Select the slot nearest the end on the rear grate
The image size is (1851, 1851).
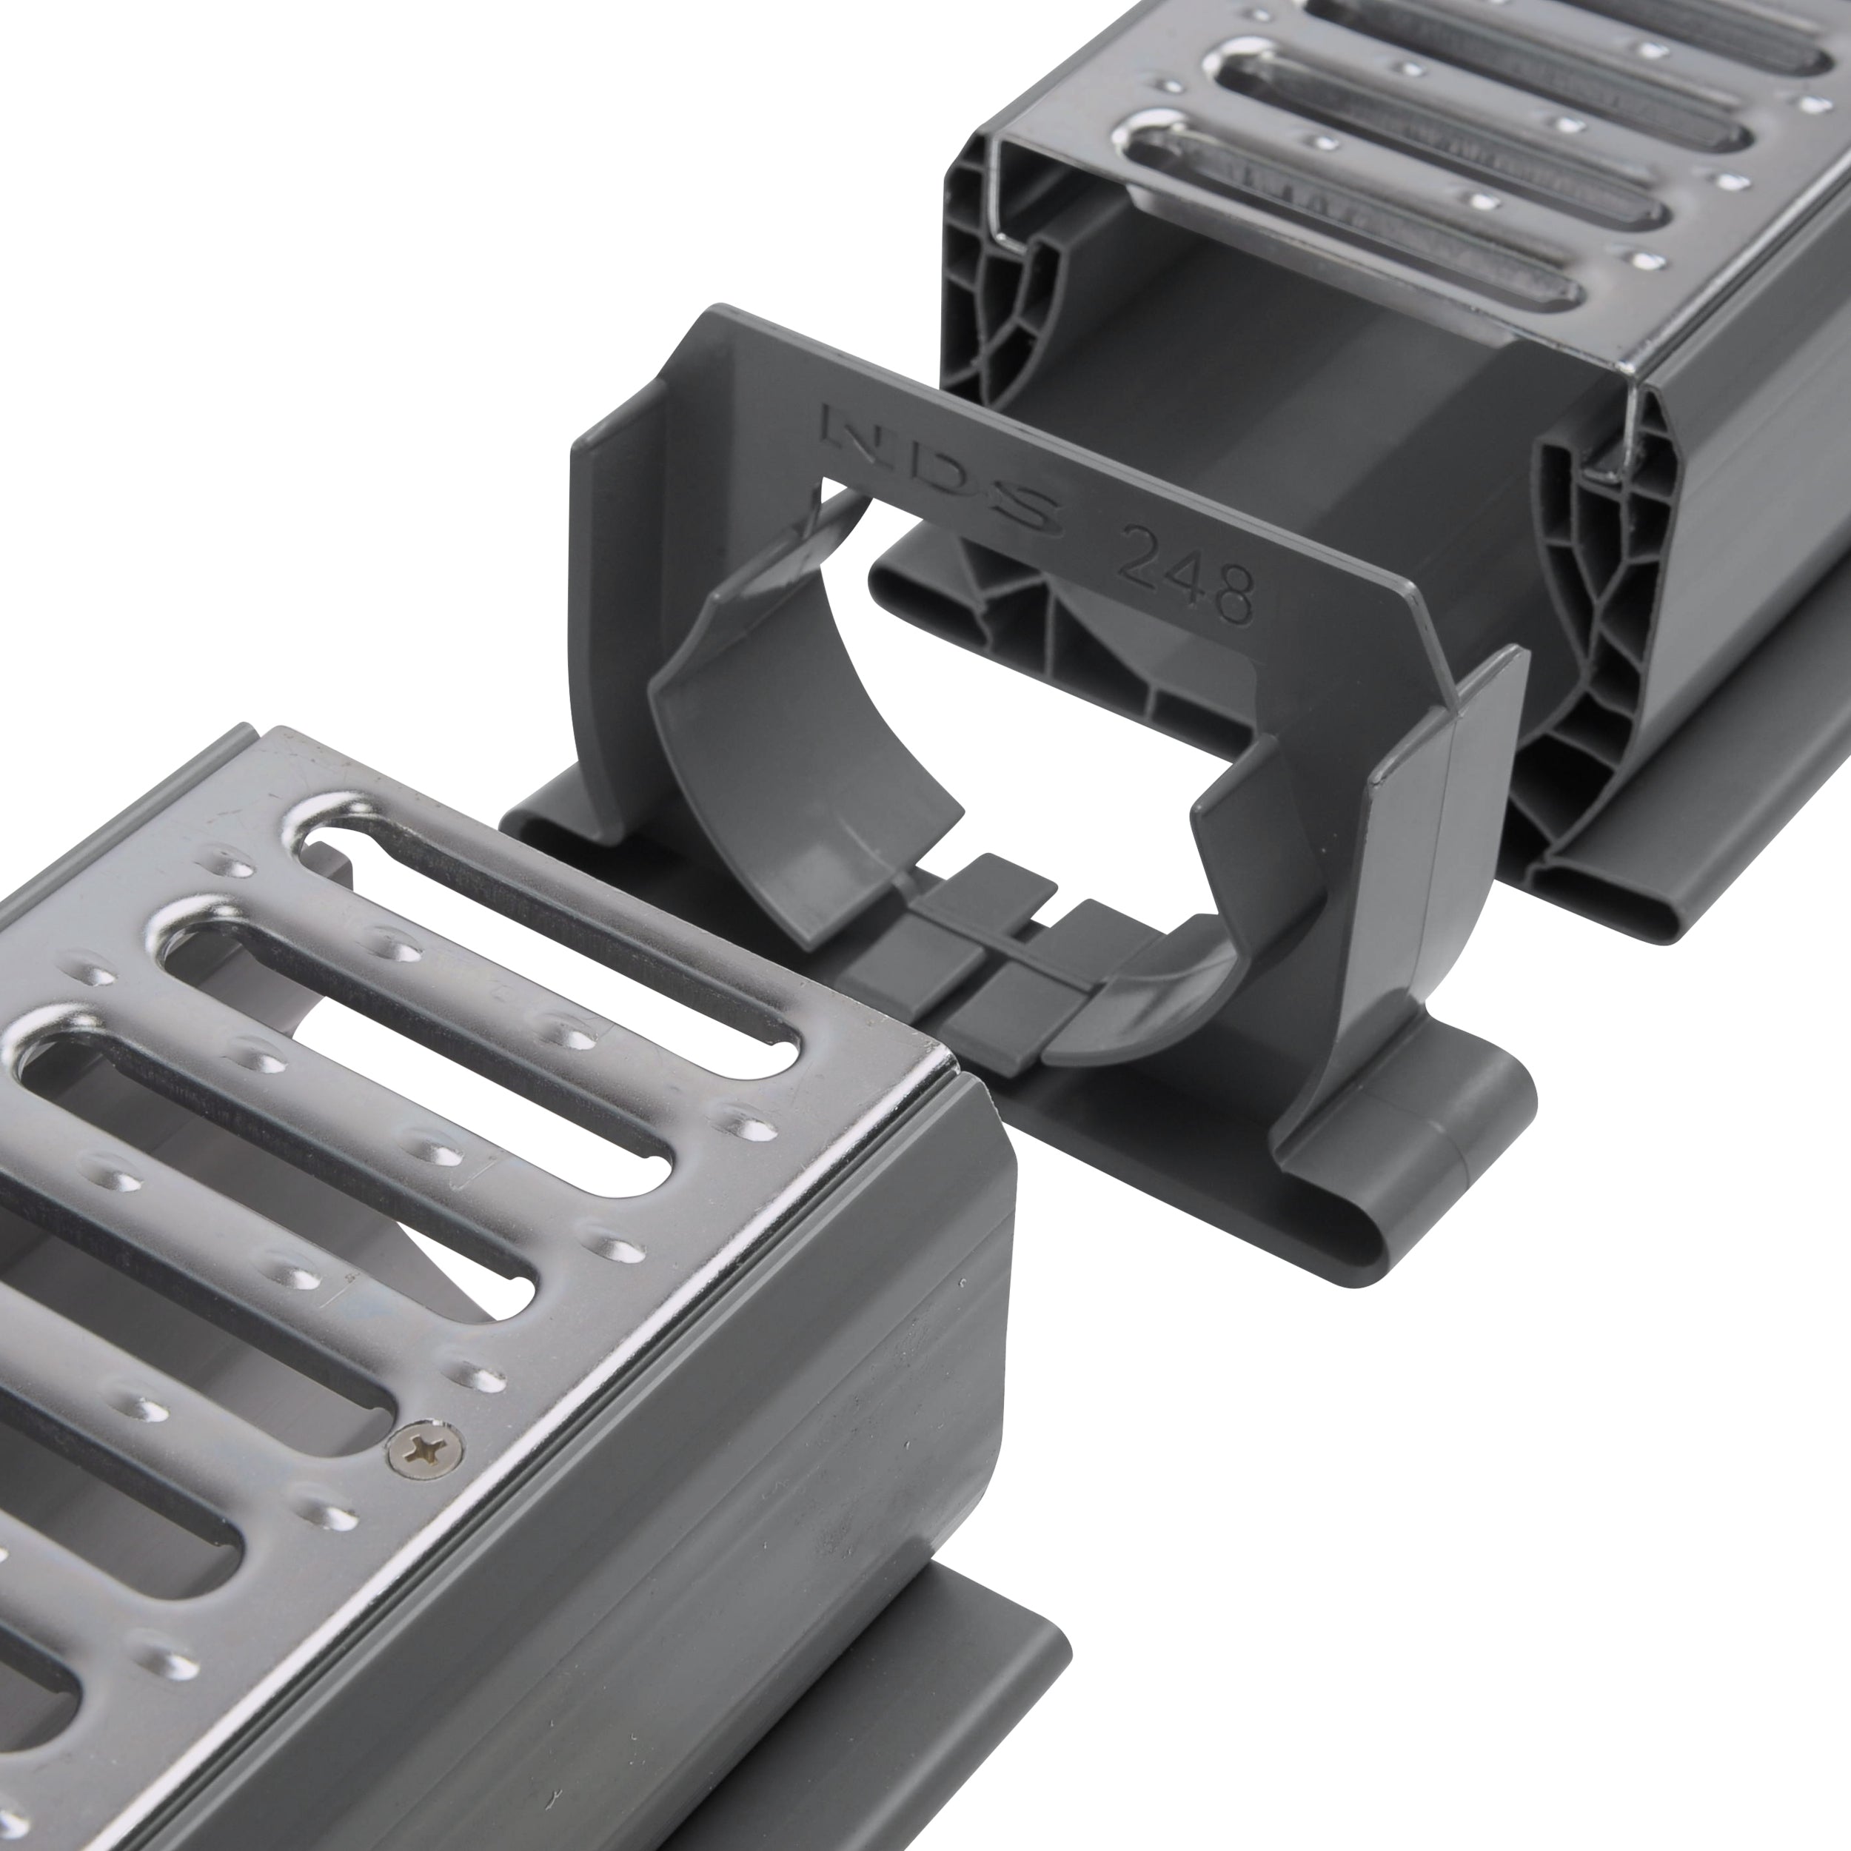click(x=1360, y=211)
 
